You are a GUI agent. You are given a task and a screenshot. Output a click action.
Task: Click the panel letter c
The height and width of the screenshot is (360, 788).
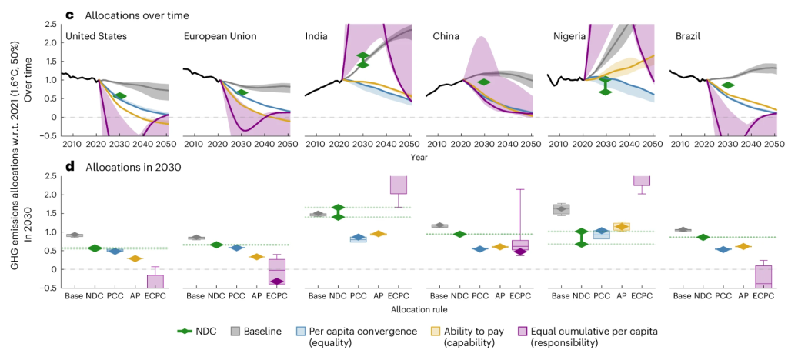point(70,15)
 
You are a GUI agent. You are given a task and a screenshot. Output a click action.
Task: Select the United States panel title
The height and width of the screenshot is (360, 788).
point(96,36)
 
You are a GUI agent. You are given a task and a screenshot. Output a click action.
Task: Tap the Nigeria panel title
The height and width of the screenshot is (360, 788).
point(571,36)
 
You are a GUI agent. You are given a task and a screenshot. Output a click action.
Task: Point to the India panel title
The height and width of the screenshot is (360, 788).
point(316,36)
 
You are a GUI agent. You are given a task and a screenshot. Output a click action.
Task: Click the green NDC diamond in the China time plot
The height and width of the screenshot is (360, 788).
point(484,82)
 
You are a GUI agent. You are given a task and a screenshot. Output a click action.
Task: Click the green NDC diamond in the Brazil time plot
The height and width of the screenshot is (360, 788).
point(728,85)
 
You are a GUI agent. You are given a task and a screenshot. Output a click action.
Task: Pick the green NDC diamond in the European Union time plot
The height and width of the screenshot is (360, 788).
point(241,93)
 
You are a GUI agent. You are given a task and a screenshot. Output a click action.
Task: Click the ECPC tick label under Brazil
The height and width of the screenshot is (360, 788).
point(763,296)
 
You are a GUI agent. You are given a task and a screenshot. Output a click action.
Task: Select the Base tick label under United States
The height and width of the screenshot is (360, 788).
point(75,296)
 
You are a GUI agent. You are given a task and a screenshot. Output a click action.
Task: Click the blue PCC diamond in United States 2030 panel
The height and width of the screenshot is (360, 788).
point(115,251)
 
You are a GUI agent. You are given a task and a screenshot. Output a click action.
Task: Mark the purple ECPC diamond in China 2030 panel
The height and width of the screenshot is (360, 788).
point(520,252)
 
